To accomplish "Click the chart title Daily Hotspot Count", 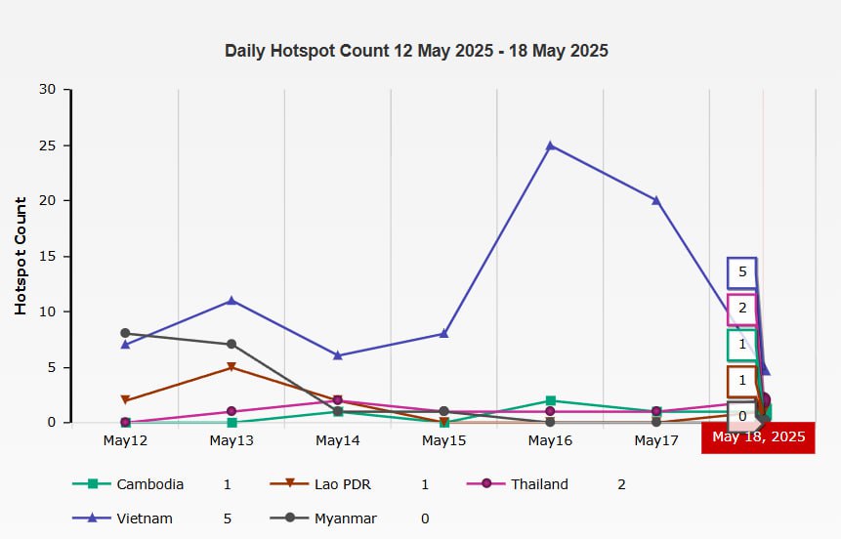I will (x=416, y=51).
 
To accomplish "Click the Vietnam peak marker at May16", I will (x=551, y=145).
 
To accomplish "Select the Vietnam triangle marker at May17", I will (x=656, y=200).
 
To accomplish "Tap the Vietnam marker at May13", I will (x=231, y=300).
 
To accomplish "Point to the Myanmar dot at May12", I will (x=125, y=333).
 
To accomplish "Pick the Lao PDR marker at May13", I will (x=231, y=367).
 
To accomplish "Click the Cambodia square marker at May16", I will (x=551, y=400).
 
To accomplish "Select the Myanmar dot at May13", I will (x=231, y=344).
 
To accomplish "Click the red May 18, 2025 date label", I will (x=758, y=437).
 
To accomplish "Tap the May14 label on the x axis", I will (x=338, y=441).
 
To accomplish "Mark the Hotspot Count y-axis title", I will (x=21, y=256).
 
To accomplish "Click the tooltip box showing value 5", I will (x=742, y=272).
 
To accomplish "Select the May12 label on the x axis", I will (x=125, y=441).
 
